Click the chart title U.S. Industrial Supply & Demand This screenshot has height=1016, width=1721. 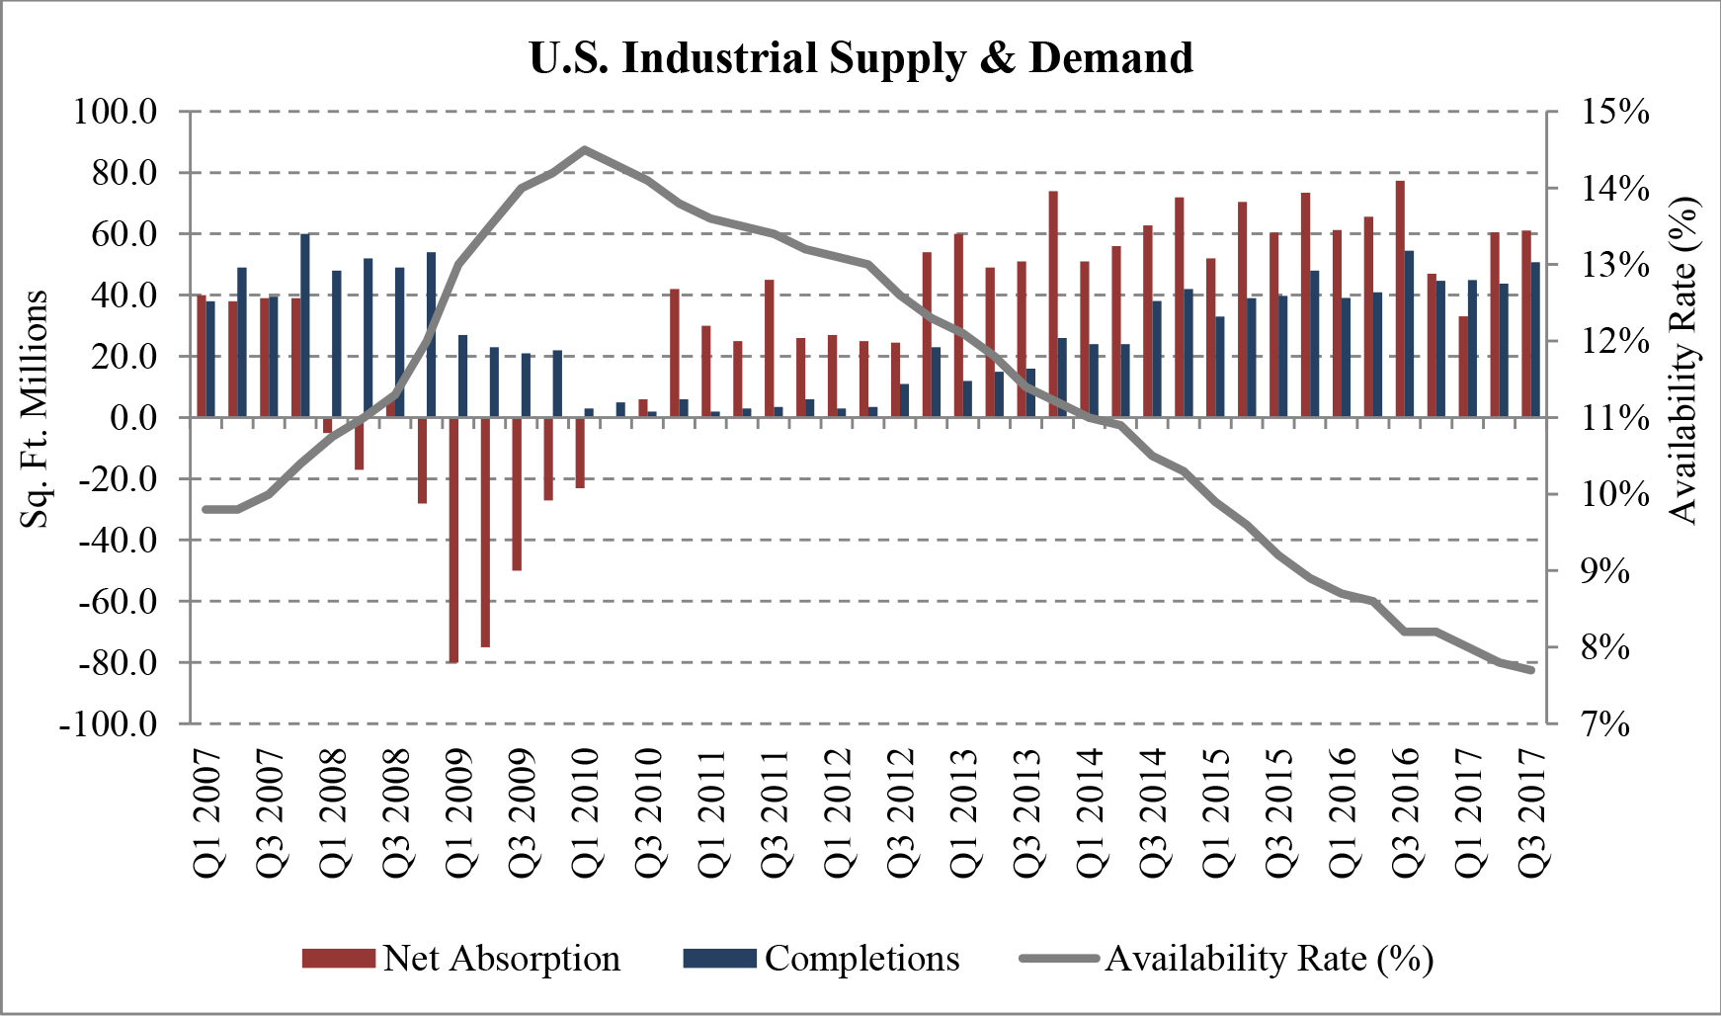(860, 57)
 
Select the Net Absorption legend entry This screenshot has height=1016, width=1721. (461, 958)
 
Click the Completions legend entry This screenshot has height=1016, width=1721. (822, 958)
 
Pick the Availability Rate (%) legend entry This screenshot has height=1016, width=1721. (1226, 958)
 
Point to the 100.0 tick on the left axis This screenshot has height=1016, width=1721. (116, 111)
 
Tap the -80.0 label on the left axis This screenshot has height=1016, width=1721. (111, 662)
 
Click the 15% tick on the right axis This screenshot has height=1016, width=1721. (1615, 111)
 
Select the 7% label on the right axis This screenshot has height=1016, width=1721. (1605, 724)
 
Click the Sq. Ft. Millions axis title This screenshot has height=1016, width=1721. (35, 409)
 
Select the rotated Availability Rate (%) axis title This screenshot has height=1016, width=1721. (1683, 360)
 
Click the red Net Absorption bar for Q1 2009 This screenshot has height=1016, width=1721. (454, 540)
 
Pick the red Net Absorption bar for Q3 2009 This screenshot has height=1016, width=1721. (517, 494)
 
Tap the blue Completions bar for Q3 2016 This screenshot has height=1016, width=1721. (1409, 334)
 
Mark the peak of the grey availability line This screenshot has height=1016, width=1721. (584, 149)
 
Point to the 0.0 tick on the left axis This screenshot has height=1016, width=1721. (133, 418)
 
